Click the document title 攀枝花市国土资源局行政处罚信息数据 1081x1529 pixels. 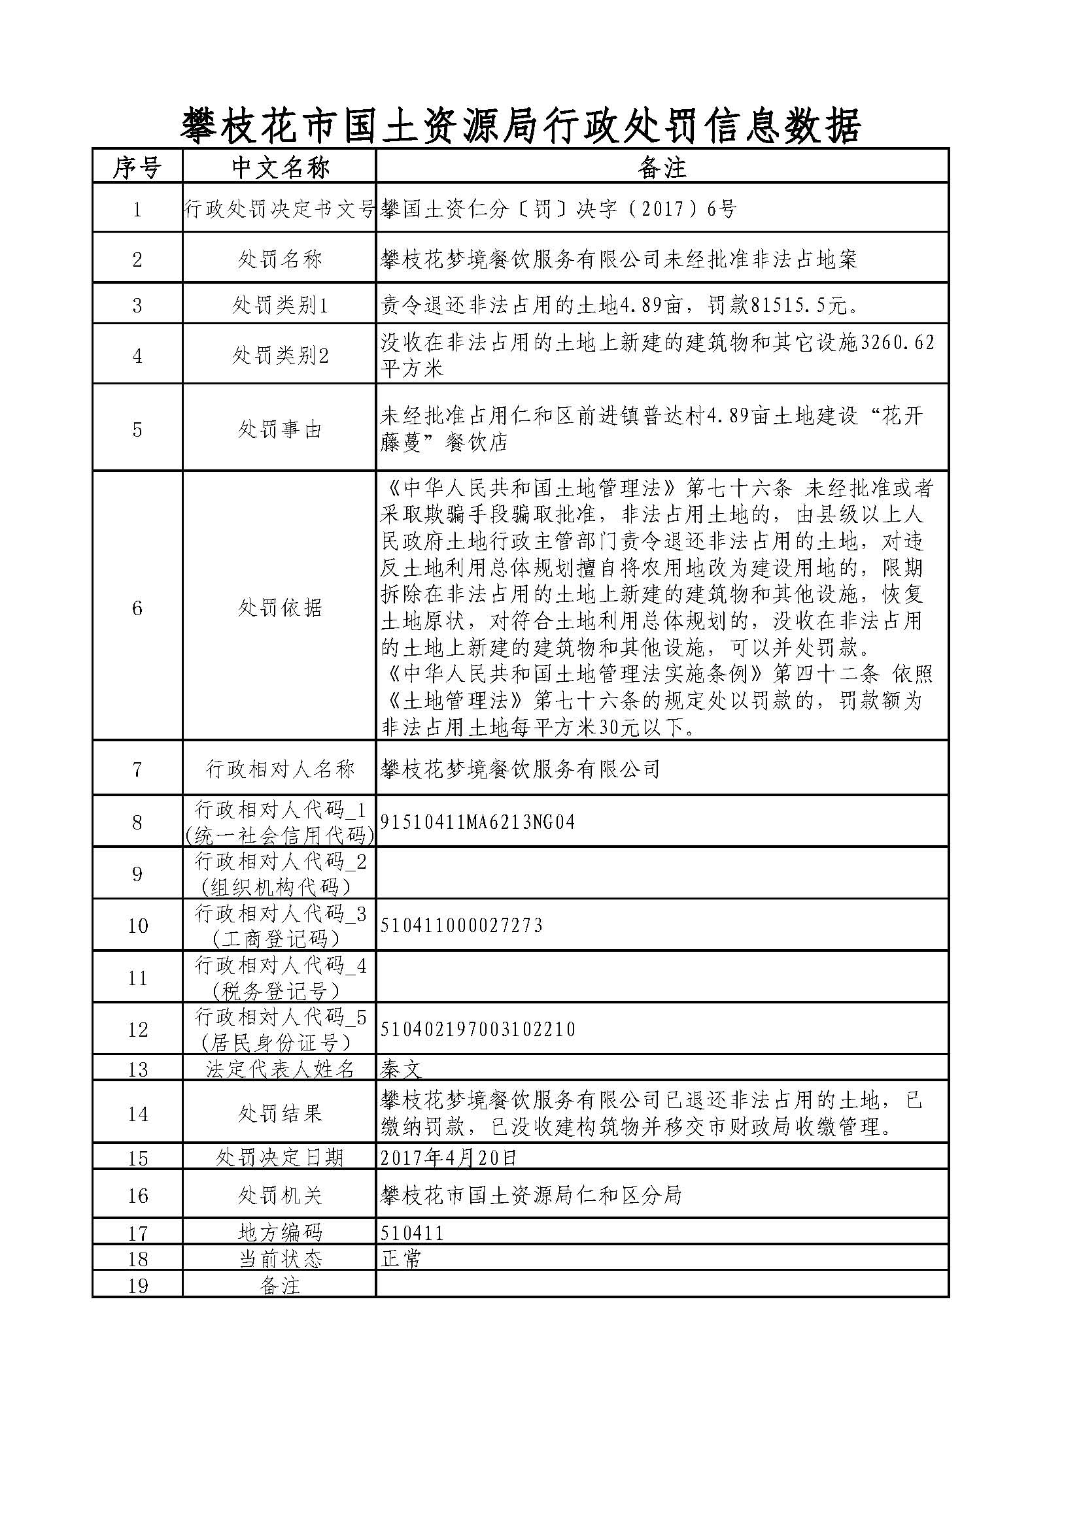[x=521, y=126]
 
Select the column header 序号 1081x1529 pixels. [x=137, y=167]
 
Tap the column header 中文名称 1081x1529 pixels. [x=280, y=167]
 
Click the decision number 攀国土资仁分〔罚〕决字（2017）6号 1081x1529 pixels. [x=558, y=209]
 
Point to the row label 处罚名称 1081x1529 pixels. [x=280, y=259]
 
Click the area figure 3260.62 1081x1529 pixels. [x=898, y=343]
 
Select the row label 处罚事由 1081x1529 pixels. [x=280, y=429]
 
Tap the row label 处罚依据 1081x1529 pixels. [x=280, y=607]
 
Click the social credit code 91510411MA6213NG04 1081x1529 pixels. [x=477, y=822]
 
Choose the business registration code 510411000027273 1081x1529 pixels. [x=462, y=925]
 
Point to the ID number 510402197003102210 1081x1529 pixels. [x=477, y=1029]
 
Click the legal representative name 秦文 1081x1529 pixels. [x=401, y=1069]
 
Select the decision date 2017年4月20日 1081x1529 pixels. [x=449, y=1158]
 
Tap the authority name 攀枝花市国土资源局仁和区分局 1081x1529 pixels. [x=531, y=1196]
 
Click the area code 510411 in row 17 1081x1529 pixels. [x=411, y=1234]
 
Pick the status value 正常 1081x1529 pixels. [x=401, y=1258]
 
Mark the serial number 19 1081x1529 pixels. [x=137, y=1285]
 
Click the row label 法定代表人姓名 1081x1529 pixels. [x=280, y=1069]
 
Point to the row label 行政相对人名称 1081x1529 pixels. [x=280, y=769]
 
